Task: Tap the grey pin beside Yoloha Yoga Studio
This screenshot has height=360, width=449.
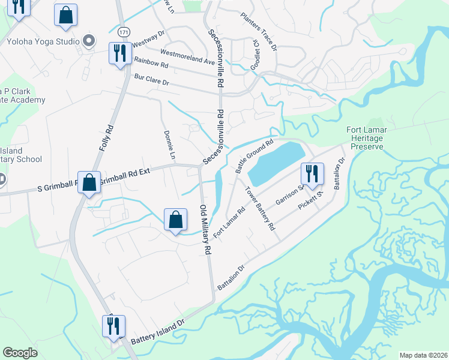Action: pyautogui.click(x=89, y=41)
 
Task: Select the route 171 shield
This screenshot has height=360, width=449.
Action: pyautogui.click(x=124, y=31)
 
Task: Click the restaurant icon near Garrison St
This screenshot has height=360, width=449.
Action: pyautogui.click(x=312, y=174)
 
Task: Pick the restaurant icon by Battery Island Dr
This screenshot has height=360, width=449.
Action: pyautogui.click(x=113, y=326)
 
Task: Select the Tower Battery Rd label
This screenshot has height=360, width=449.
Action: pyautogui.click(x=259, y=209)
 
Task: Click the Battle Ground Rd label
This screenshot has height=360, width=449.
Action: pyautogui.click(x=255, y=156)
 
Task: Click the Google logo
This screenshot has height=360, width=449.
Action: pyautogui.click(x=20, y=353)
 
